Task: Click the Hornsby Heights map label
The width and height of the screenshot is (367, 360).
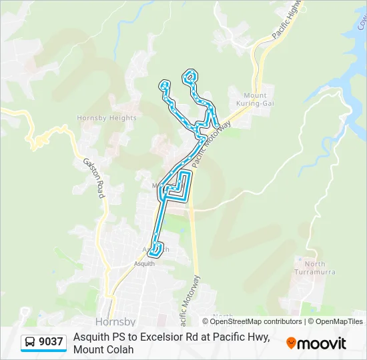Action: coord(107,118)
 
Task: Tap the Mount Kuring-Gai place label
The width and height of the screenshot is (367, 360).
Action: coord(255,99)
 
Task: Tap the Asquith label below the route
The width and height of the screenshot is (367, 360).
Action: coord(145,264)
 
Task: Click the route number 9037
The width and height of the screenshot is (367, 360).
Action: coord(51,342)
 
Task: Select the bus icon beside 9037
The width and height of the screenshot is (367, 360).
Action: coord(30,342)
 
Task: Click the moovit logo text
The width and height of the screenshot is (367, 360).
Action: coord(322,343)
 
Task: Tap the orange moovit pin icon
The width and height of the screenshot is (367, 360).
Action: coord(291,343)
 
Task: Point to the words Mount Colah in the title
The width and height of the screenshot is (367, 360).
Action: coord(103,349)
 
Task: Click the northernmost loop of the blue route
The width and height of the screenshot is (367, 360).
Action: coord(192,76)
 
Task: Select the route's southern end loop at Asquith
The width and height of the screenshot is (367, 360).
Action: coord(156,250)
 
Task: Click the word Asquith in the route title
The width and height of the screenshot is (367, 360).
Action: coord(91,337)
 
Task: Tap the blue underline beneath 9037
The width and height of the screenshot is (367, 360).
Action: coord(44,351)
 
